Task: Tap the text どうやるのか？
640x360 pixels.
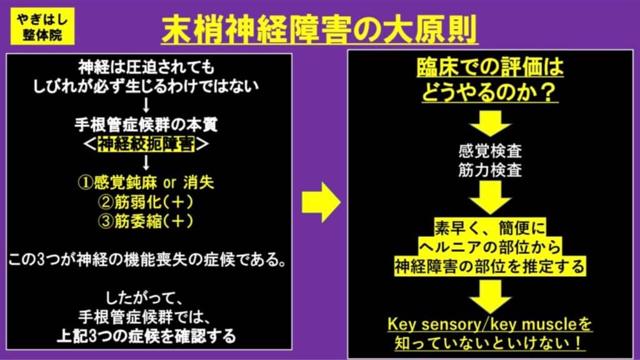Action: click(x=490, y=92)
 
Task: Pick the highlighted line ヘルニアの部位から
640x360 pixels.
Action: click(x=490, y=246)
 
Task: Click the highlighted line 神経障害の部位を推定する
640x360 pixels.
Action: click(x=490, y=267)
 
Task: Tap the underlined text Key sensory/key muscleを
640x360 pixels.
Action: click(x=490, y=324)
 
